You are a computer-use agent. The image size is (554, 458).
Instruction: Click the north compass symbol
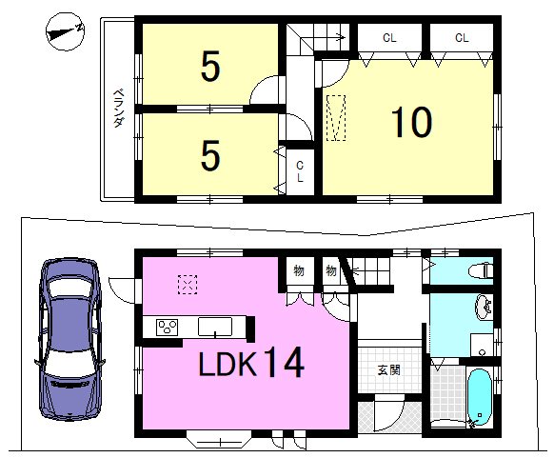coord(66,31)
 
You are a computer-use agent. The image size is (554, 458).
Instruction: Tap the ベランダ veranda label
coord(118,109)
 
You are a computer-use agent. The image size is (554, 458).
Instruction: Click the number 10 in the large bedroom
coord(411,122)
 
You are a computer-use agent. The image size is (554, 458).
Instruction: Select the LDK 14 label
coord(251,362)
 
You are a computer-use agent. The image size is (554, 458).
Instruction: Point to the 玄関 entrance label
coord(389,370)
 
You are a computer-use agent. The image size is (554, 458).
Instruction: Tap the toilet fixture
coord(481,271)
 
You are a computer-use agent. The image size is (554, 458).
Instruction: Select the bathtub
coord(479,397)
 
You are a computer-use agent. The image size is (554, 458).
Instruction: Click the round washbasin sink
coord(483,307)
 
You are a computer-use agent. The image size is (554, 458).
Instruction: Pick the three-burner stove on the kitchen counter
coord(167,327)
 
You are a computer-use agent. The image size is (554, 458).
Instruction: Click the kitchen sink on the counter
coord(215,327)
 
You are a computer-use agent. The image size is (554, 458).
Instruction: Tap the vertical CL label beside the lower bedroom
coord(300,171)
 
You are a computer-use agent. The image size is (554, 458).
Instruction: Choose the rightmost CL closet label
coord(462,37)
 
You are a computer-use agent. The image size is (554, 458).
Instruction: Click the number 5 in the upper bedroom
coord(210,66)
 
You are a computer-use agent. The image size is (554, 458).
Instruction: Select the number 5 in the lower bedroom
coord(210,155)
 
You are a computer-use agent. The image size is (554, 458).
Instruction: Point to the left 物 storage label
coord(299,271)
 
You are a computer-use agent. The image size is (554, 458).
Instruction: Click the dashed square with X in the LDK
coord(188,284)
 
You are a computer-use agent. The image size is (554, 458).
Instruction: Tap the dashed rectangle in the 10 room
coord(336,118)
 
